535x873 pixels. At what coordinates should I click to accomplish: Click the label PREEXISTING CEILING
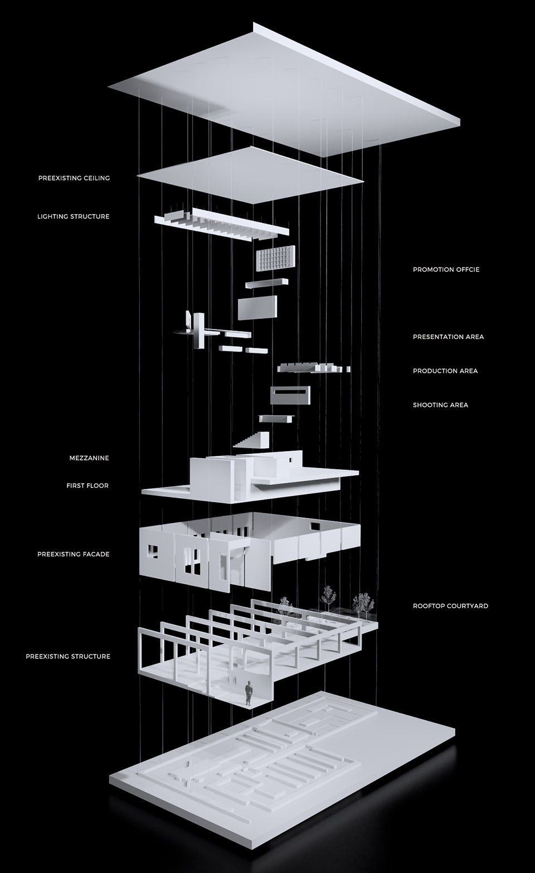click(x=74, y=178)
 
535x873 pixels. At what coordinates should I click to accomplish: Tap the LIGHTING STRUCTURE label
click(x=74, y=216)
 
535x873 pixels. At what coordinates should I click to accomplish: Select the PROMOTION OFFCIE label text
click(x=446, y=270)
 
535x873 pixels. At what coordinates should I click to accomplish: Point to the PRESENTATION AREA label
click(x=448, y=337)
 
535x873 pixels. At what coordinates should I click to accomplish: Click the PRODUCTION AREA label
click(x=445, y=371)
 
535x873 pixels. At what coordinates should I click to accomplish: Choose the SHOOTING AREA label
click(x=440, y=405)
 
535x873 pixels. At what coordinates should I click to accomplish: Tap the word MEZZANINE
click(x=89, y=458)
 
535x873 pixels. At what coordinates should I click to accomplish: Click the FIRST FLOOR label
click(x=87, y=486)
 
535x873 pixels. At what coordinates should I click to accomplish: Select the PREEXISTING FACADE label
click(x=74, y=554)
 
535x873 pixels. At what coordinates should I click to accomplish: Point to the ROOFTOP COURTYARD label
click(x=450, y=606)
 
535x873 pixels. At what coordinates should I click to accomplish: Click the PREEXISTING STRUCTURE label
click(x=68, y=657)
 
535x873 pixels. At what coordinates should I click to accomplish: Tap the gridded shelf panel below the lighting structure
click(x=274, y=259)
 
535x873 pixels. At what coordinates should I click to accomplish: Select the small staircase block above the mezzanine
click(x=252, y=439)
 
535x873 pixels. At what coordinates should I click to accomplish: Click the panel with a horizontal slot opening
click(x=290, y=395)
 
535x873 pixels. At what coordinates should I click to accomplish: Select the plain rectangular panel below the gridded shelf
click(x=257, y=307)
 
